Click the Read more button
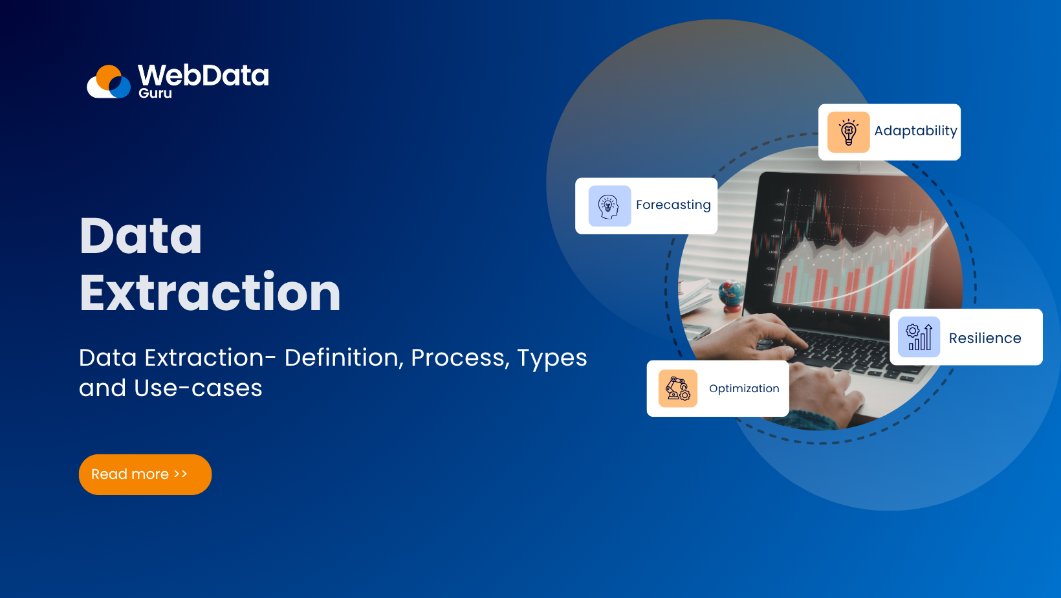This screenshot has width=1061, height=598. coord(145,474)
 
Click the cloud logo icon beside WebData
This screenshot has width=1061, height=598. coord(109,82)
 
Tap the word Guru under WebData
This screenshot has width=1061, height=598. coord(155,93)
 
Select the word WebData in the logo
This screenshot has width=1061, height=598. coord(203,75)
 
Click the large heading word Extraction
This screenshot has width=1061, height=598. coord(210,293)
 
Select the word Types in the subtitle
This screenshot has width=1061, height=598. coord(552,358)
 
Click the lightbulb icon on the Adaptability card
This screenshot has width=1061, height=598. coord(848,132)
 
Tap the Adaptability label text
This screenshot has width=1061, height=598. coord(915,131)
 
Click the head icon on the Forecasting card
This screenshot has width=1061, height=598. coord(609,206)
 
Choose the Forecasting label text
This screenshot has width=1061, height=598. coord(673,205)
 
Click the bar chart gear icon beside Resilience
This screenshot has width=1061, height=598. coord(919,337)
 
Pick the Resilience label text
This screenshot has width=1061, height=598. coord(985,338)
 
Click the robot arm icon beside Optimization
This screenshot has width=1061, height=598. coord(678,388)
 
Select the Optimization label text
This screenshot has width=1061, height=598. coord(744,388)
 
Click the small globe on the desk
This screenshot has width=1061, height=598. coord(731,293)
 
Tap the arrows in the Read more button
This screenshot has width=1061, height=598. coord(180,474)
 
